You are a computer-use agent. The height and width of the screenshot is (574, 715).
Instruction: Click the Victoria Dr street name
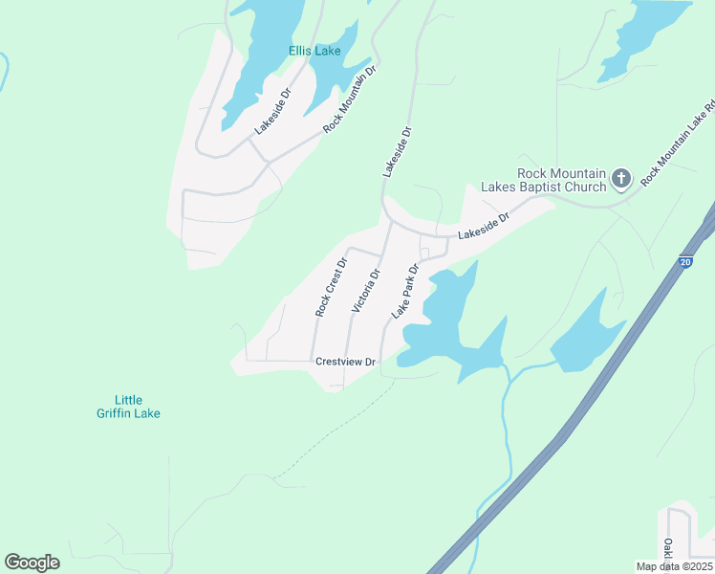tap(366, 290)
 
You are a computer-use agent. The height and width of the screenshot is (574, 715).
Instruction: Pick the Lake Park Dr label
tap(405, 292)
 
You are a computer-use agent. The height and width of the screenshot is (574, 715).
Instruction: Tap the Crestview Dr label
tap(347, 363)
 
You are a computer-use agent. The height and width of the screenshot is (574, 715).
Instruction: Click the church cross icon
tap(621, 178)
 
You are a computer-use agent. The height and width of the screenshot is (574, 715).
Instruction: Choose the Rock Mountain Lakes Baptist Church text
tap(561, 180)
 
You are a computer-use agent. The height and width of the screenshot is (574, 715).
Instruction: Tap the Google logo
tap(32, 563)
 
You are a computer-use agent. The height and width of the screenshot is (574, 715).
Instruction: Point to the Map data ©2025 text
tap(674, 566)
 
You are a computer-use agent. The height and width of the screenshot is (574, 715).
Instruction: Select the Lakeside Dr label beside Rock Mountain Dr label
tap(271, 113)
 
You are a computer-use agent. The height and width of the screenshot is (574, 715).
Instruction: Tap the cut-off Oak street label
tap(666, 549)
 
